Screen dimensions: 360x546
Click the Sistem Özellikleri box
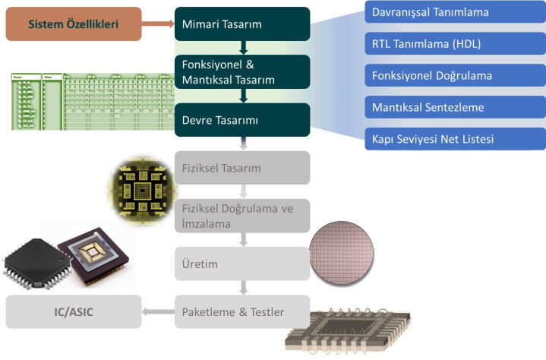tap(72, 24)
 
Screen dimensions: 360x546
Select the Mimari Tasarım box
tap(241, 24)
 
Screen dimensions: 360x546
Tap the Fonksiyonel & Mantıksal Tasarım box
tap(241, 71)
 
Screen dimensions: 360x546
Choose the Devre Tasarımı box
tap(241, 120)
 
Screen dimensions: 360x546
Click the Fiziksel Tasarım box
tap(241, 168)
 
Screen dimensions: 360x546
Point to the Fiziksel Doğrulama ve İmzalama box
tap(241, 215)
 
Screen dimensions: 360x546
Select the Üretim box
tap(241, 264)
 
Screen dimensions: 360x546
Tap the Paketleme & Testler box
tap(241, 311)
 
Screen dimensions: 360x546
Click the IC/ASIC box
tap(73, 311)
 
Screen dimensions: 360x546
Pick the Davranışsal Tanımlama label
tap(455, 13)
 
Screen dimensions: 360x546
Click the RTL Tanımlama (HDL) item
tap(455, 44)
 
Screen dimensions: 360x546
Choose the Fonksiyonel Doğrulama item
tap(455, 76)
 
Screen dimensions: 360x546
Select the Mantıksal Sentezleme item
tap(455, 107)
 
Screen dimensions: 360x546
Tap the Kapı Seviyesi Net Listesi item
tap(455, 139)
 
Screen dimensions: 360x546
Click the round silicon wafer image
tap(343, 251)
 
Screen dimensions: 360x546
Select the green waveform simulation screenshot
tap(91, 102)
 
